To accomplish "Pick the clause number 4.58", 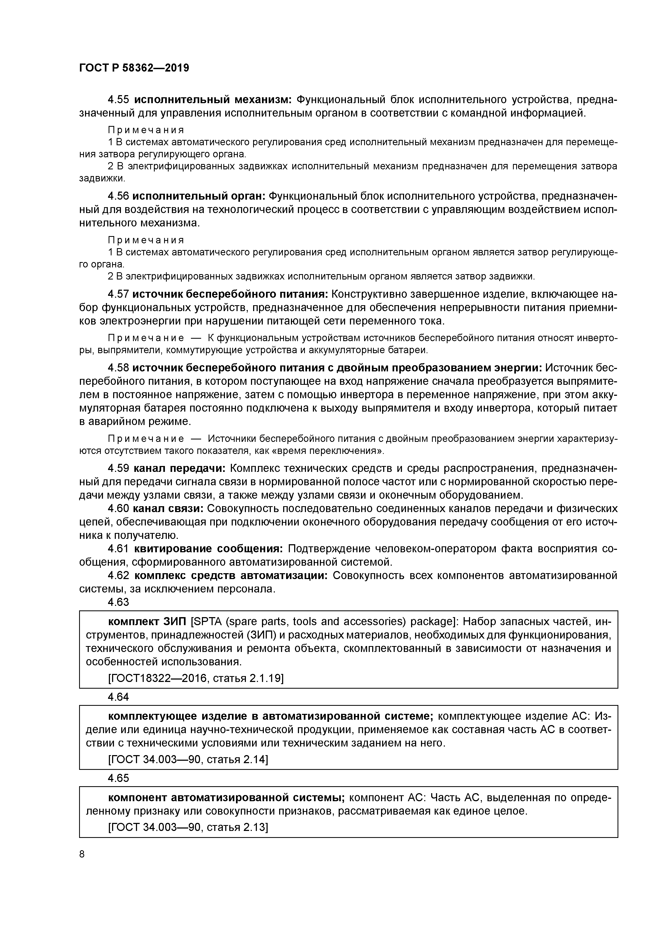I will click(119, 368).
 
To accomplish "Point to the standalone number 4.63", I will click(119, 602).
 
